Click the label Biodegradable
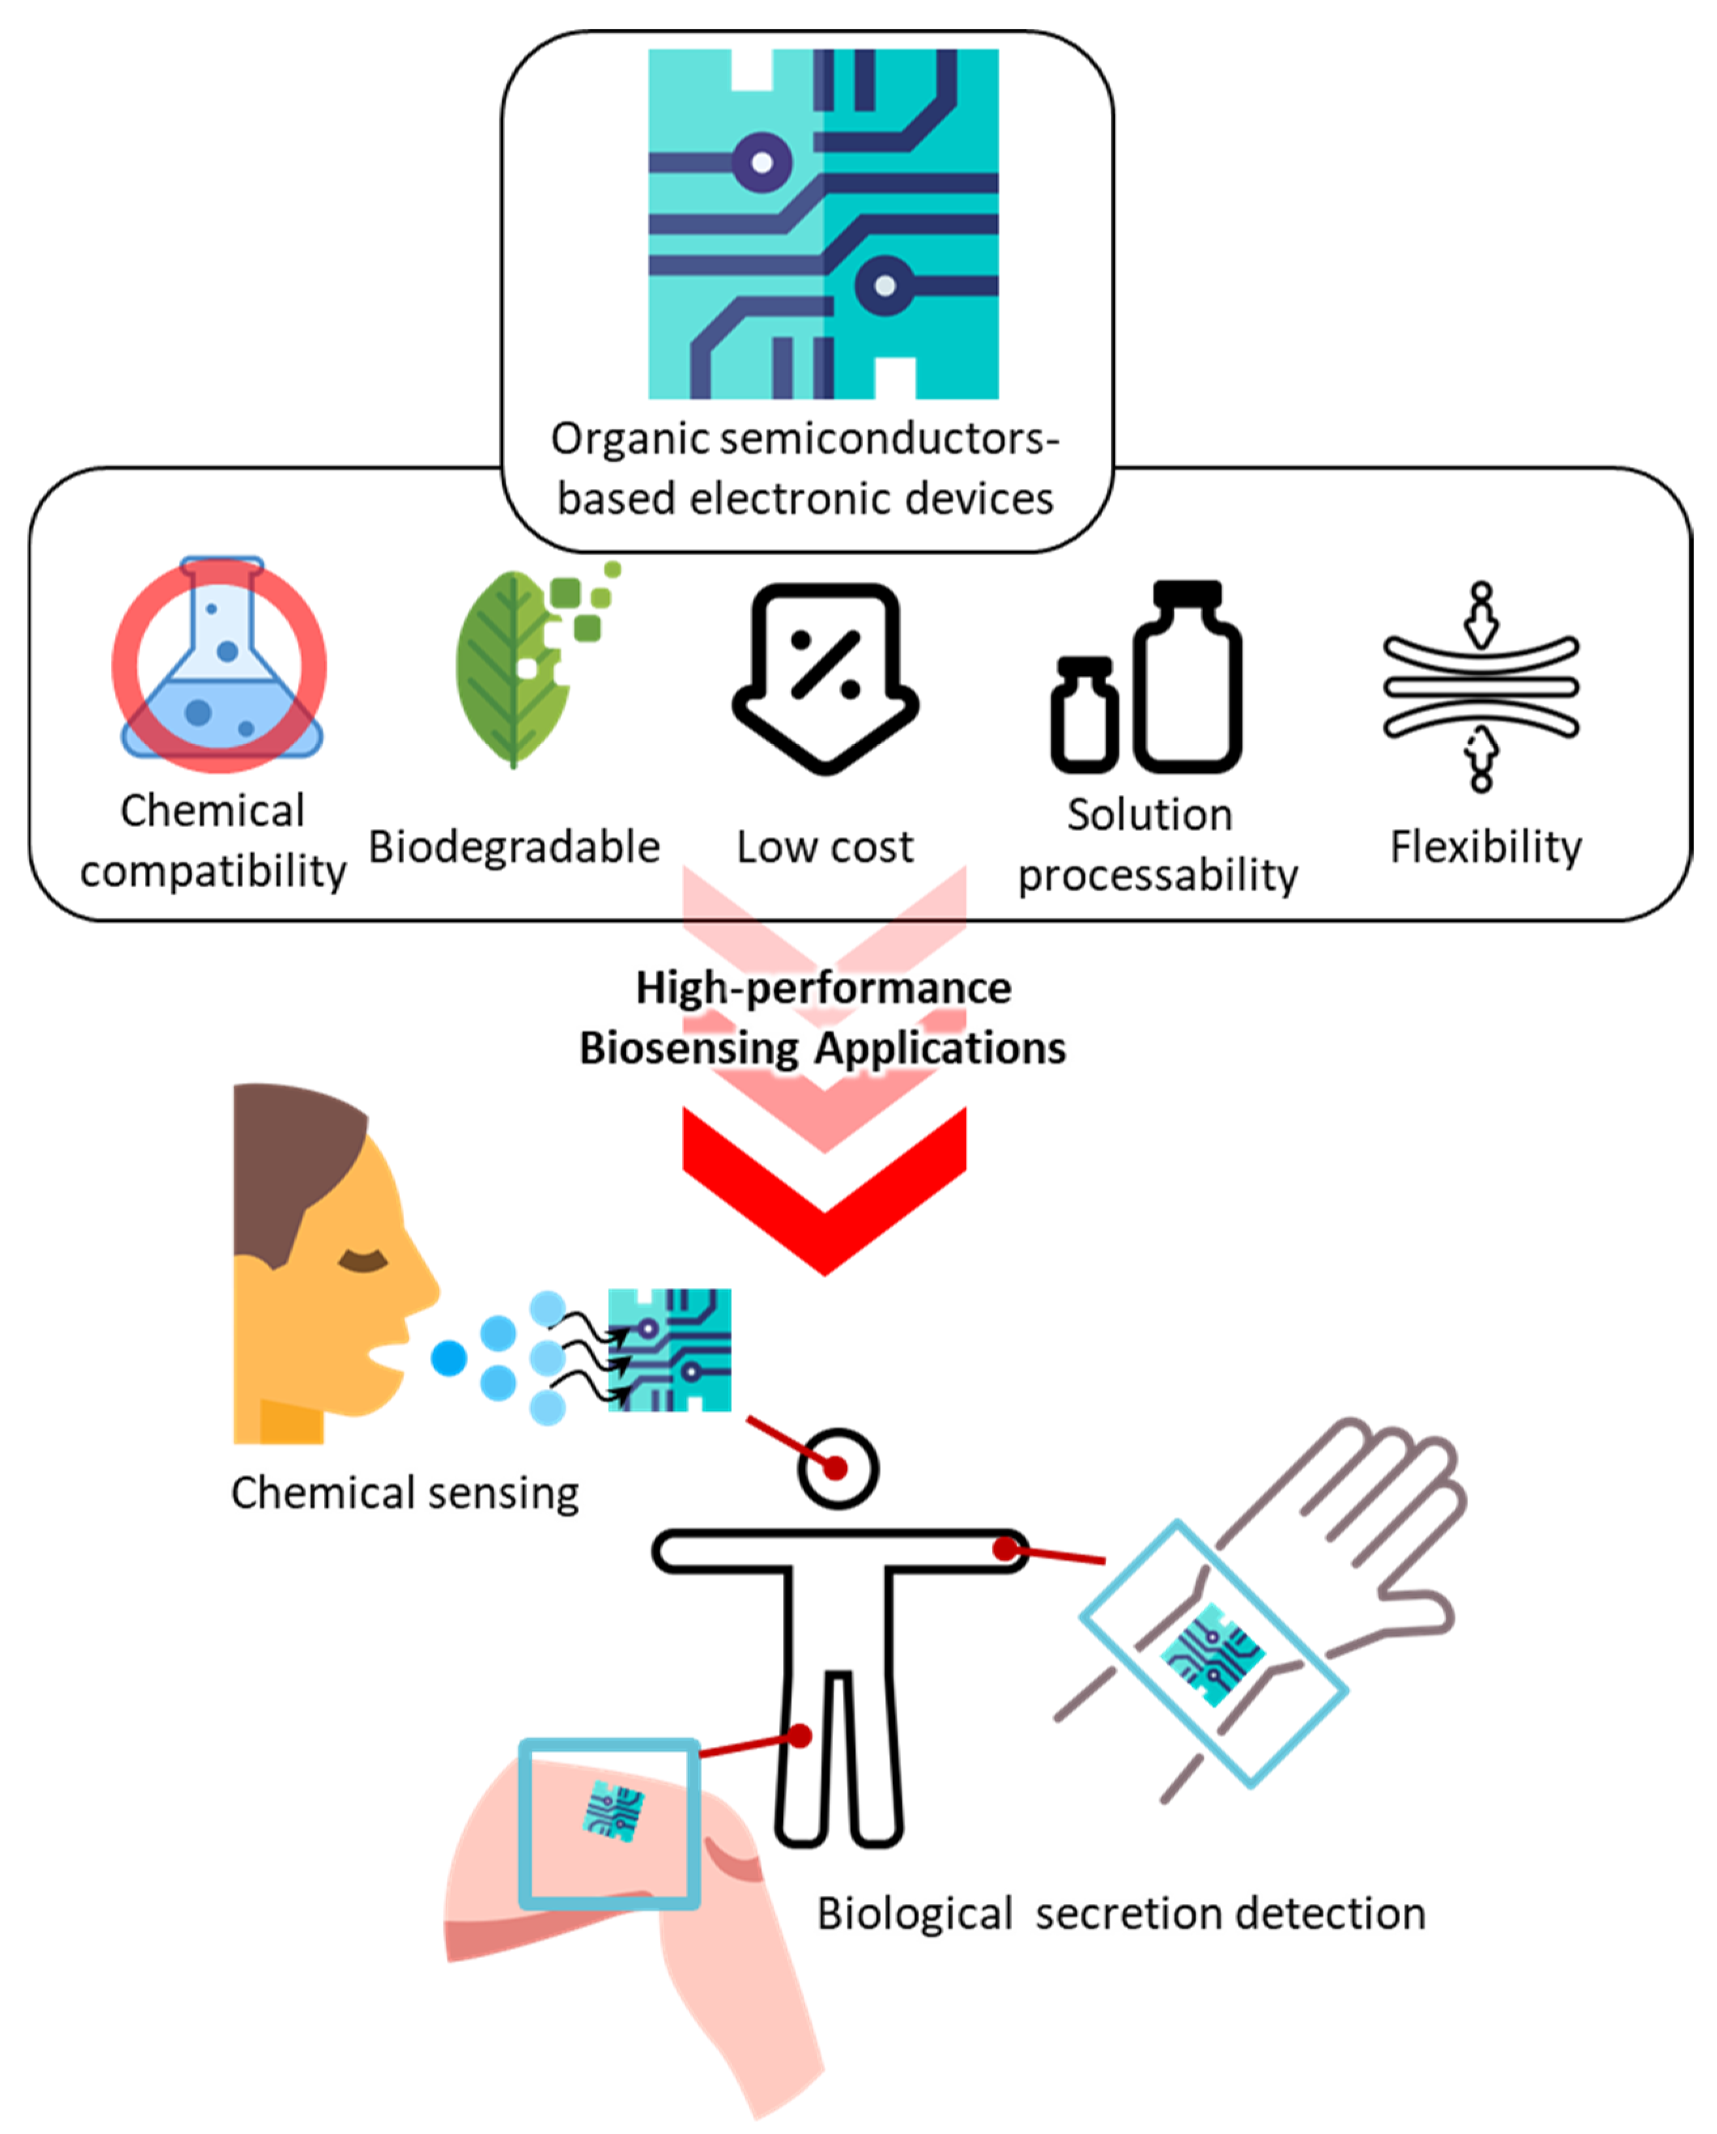pos(514,847)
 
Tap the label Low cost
pos(824,847)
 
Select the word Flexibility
pos(1486,847)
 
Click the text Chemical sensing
pos(405,1493)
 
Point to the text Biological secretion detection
pos(1120,1913)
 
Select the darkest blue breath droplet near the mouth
pos(448,1358)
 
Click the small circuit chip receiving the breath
pos(670,1349)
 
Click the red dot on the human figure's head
pos(836,1468)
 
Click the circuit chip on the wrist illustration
pos(1211,1654)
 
